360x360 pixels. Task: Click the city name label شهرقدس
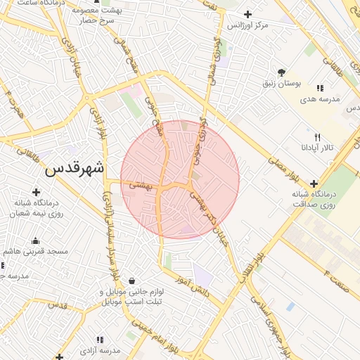point(75,169)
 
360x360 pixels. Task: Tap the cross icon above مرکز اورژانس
point(247,14)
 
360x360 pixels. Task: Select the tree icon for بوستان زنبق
point(281,72)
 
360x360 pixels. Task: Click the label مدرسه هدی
point(320,99)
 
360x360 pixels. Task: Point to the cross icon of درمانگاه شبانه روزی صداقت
point(314,183)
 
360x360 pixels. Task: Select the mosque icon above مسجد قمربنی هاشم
point(35,241)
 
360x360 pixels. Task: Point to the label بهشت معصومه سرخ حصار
point(118,16)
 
